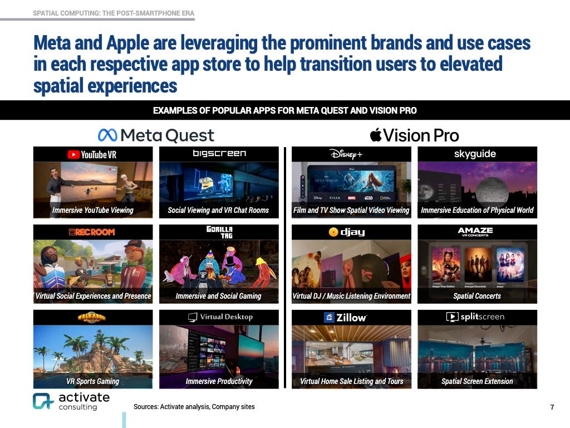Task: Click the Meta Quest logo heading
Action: pos(156,135)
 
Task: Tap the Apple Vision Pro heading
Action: pos(415,135)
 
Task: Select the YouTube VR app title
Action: pos(92,154)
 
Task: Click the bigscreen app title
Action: pos(219,154)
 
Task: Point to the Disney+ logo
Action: pos(346,154)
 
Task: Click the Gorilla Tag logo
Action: pos(219,232)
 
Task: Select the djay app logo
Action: pos(347,232)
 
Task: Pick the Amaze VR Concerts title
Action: pos(475,231)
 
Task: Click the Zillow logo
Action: pos(345,317)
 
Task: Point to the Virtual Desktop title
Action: pos(219,317)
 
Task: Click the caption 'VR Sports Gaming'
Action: pos(93,381)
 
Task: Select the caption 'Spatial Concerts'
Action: pos(477,296)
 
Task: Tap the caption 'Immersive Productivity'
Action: pos(219,381)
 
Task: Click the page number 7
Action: pos(552,407)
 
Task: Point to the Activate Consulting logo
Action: pos(71,401)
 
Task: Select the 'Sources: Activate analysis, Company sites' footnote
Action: pos(194,407)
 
